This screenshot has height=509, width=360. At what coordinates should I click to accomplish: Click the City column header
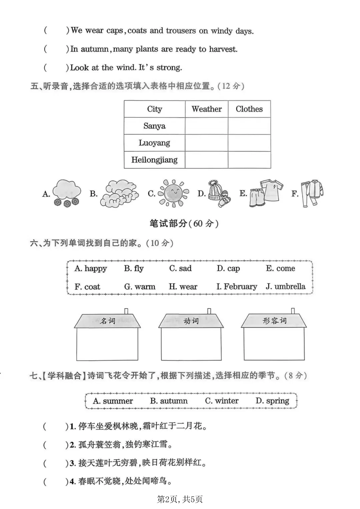(x=154, y=109)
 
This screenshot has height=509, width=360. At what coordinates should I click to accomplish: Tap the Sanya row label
(x=154, y=126)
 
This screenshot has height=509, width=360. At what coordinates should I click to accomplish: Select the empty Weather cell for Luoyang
(x=207, y=143)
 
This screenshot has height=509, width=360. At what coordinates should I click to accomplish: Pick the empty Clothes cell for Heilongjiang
(x=249, y=160)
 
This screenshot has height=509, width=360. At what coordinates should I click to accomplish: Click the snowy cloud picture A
(x=67, y=193)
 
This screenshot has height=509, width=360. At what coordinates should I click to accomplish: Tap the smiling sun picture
(x=173, y=193)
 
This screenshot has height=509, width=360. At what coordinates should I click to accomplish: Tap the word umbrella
(x=290, y=286)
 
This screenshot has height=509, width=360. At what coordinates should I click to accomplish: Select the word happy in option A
(x=96, y=269)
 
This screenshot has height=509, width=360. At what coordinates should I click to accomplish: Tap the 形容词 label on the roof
(x=274, y=321)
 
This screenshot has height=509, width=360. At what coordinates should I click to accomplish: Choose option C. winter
(x=222, y=401)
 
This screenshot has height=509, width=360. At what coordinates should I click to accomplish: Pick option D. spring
(x=272, y=401)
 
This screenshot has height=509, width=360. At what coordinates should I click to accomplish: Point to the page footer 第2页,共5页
(x=180, y=499)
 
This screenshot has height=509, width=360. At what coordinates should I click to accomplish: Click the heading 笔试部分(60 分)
(x=184, y=223)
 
